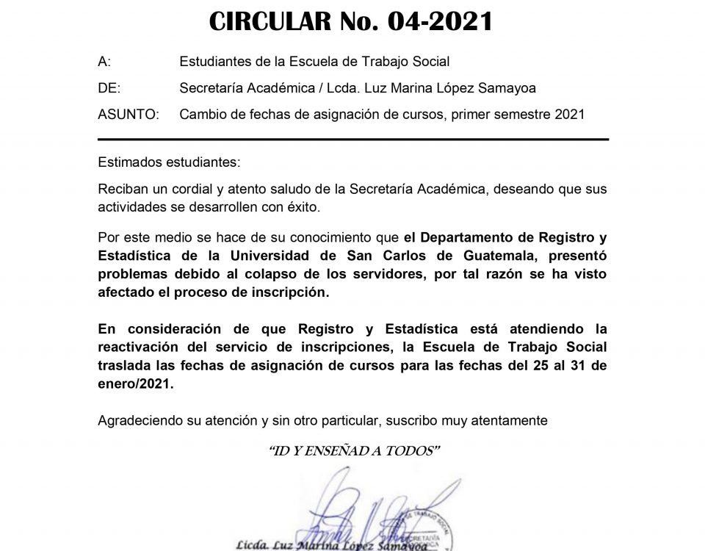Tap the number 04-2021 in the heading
point(440,23)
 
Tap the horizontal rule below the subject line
point(352,139)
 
